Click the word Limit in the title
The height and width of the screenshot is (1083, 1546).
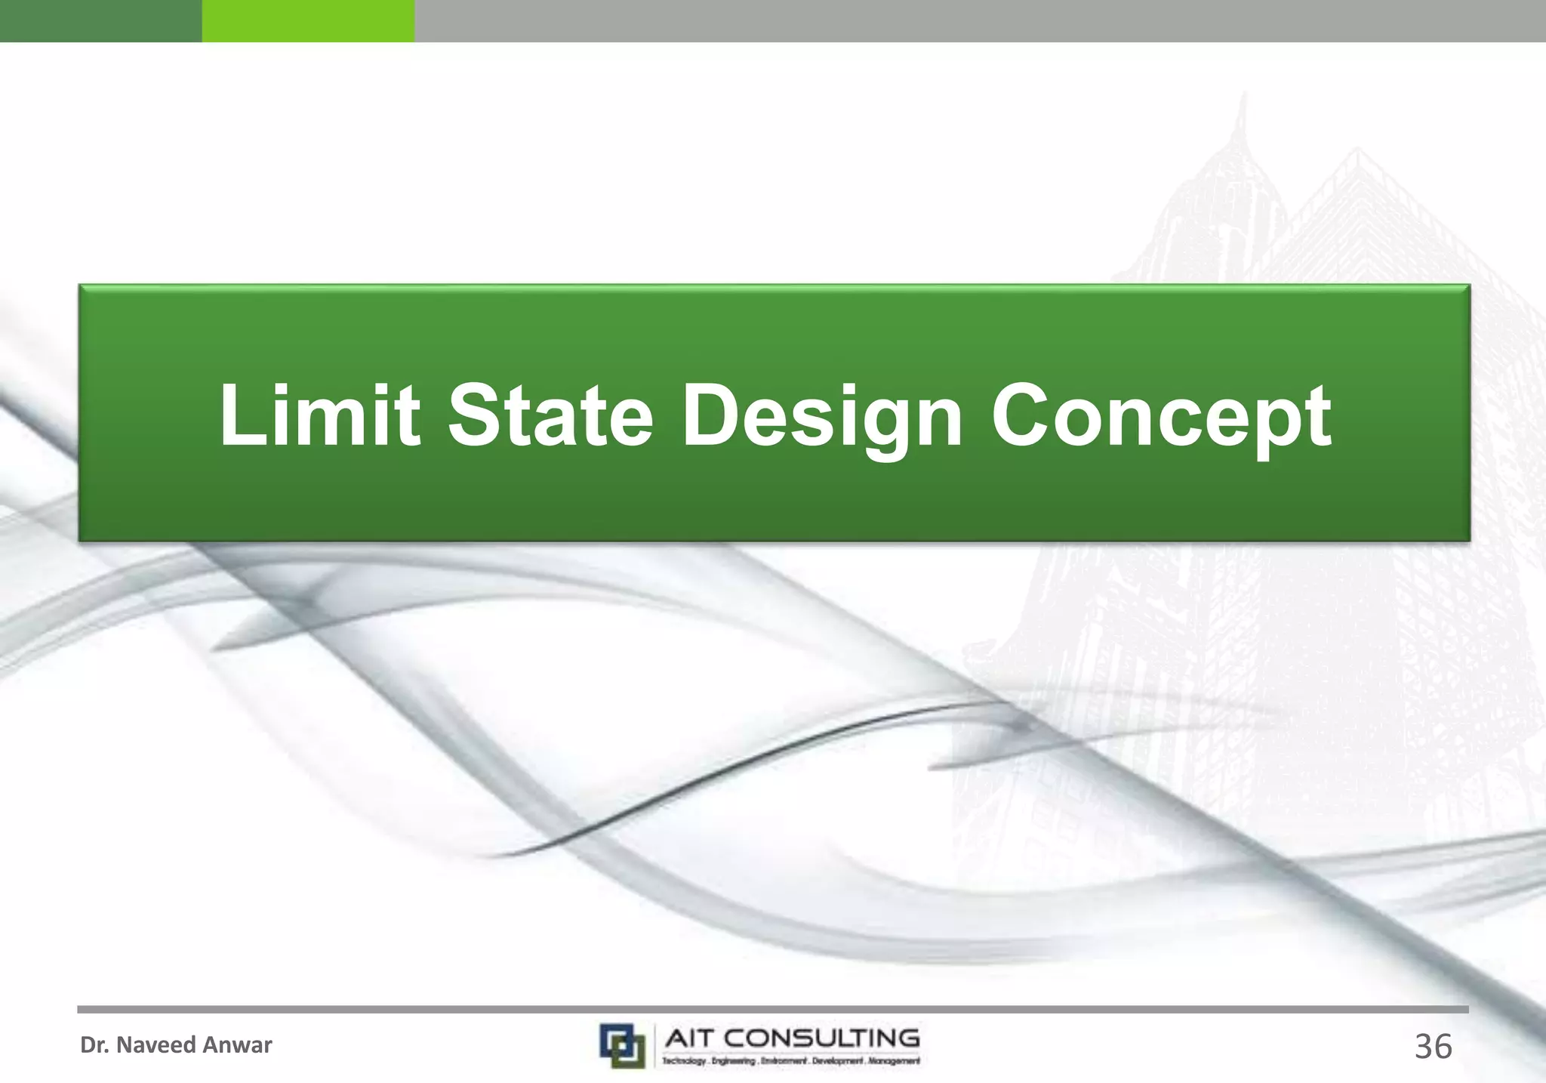point(319,415)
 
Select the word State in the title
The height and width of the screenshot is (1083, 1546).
point(550,415)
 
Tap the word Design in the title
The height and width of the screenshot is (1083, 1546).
point(822,416)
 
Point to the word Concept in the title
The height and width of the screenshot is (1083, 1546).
point(1161,416)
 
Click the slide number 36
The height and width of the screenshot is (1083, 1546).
point(1433,1047)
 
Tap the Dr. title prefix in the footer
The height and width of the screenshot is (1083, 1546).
point(94,1045)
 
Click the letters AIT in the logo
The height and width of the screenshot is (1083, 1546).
point(690,1038)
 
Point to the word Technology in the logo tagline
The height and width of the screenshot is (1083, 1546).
point(685,1061)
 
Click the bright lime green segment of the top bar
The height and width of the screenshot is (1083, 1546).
point(308,20)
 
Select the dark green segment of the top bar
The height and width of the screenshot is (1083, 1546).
point(100,20)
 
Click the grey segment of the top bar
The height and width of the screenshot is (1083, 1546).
point(980,20)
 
